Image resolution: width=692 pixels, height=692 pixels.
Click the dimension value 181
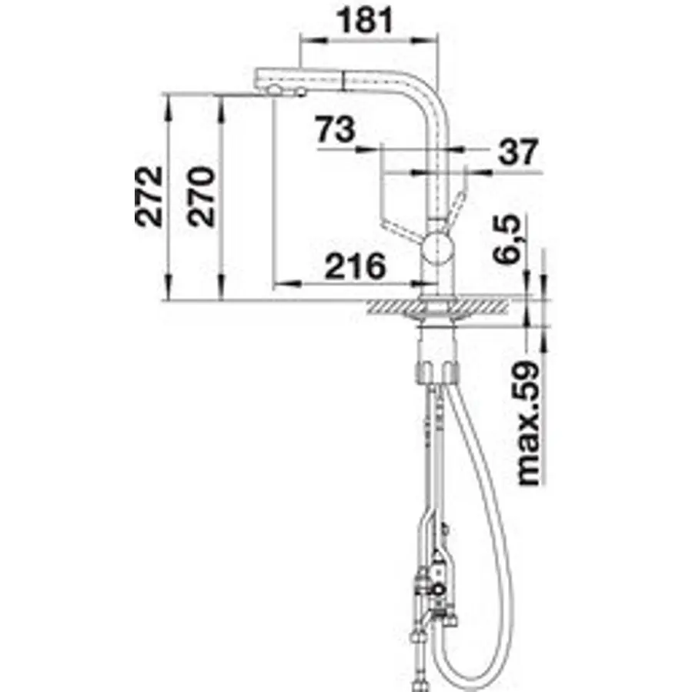pos(365,21)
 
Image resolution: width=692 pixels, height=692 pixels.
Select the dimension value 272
pos(149,196)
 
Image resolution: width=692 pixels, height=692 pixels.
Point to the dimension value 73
pos(336,129)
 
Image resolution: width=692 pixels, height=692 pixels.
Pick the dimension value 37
pos(519,151)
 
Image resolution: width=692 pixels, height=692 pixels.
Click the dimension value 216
pos(356,266)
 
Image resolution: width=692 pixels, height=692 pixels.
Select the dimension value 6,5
pos(506,239)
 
